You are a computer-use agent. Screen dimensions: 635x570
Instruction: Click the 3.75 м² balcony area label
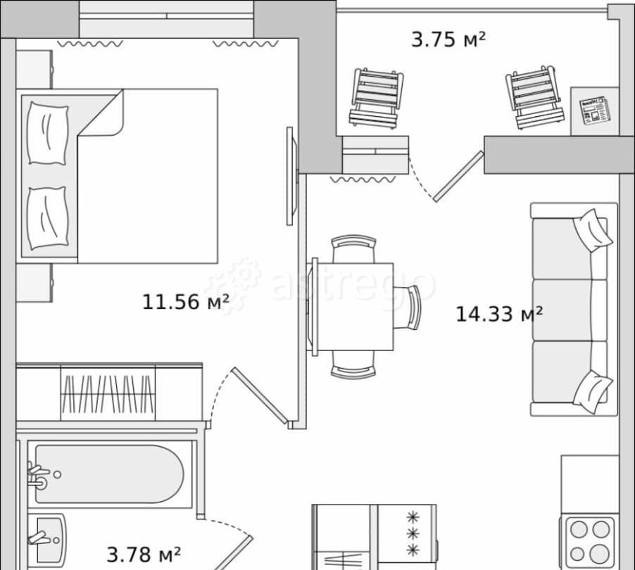448,39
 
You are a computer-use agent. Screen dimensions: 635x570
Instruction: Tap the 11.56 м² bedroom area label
185,302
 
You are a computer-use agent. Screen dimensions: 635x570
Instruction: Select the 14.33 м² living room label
499,314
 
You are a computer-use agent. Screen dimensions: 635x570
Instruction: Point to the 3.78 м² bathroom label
144,555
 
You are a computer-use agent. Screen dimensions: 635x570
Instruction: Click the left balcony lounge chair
376,99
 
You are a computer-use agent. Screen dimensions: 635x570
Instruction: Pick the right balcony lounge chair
534,97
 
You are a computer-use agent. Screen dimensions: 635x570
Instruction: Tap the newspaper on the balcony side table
594,110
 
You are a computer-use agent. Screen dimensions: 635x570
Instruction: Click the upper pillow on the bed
47,133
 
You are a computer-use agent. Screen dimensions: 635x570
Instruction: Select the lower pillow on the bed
47,218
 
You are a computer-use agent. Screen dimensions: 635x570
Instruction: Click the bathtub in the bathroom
109,474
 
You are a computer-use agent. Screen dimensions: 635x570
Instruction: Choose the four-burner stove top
590,542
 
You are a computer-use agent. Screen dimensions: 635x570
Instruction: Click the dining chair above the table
353,248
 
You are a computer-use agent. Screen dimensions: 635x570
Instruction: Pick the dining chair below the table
353,365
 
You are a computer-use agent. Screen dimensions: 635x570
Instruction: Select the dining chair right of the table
407,308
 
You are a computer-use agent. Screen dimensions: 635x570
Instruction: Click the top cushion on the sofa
593,230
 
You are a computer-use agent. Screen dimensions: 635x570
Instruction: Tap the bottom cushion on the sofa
593,392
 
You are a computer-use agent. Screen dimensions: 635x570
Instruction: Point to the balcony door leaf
458,176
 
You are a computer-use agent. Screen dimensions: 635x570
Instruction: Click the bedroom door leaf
259,395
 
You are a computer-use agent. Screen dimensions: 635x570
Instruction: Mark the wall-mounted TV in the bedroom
291,176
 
